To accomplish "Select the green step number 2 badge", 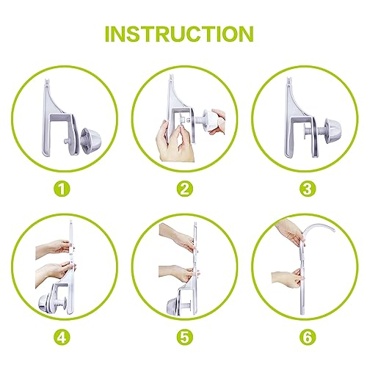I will click(184, 188).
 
